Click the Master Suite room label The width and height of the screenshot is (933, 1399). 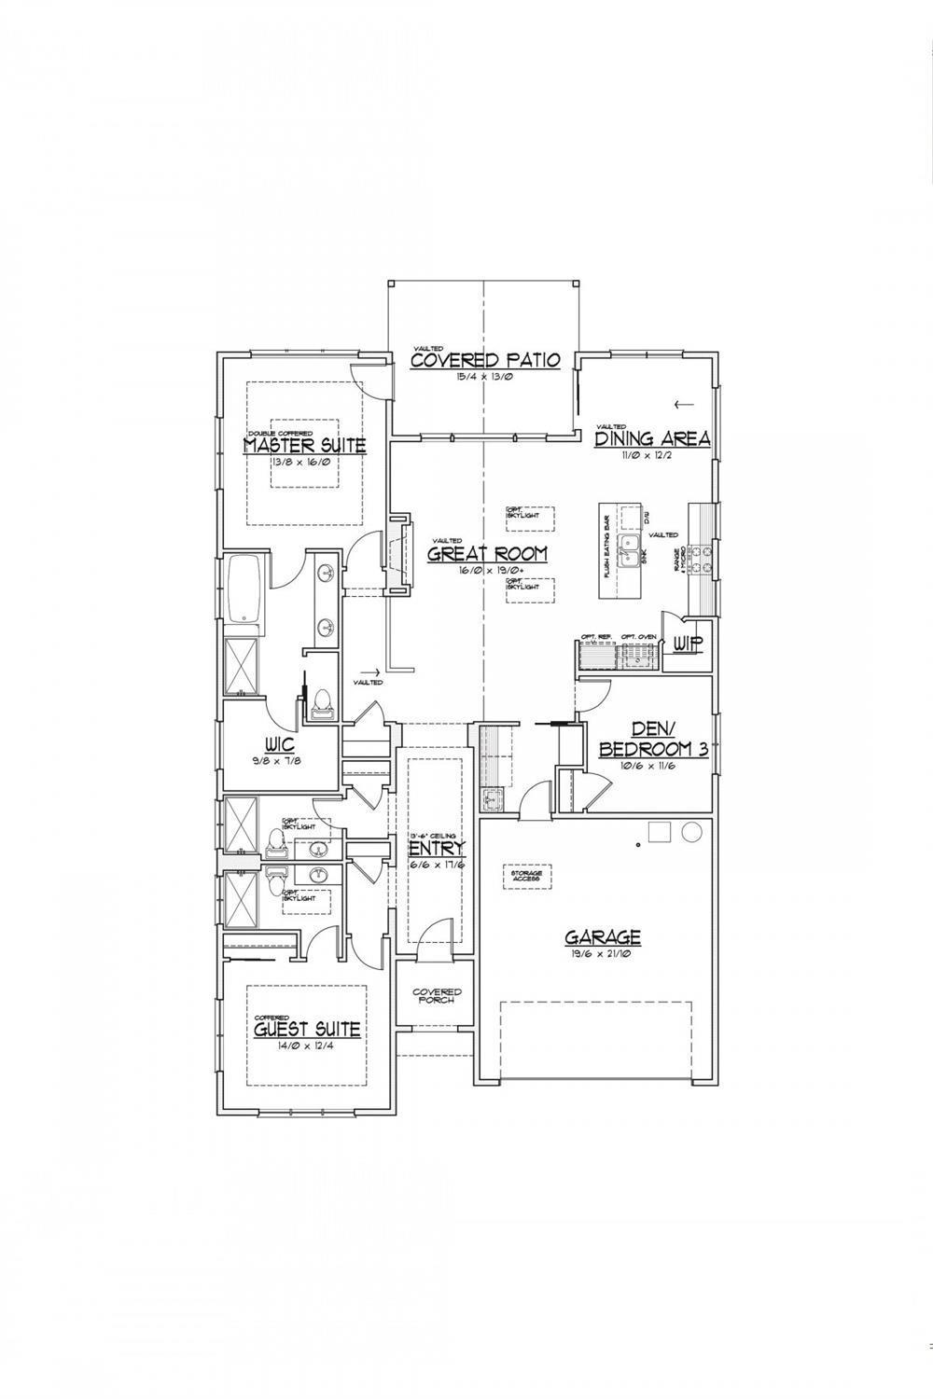click(304, 446)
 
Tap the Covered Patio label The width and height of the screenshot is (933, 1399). click(484, 360)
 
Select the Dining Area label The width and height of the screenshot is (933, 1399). click(653, 438)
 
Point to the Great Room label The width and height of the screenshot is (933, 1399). click(487, 554)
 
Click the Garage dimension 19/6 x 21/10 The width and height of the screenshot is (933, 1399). click(602, 954)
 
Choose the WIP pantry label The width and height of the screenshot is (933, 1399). click(688, 644)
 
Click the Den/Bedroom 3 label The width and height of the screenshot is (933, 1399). click(652, 740)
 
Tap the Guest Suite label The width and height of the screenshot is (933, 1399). click(307, 1030)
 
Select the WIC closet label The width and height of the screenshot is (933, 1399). click(280, 746)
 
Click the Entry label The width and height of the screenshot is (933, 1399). click(437, 849)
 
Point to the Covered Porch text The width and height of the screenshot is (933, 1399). click(437, 995)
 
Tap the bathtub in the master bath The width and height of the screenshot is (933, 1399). click(245, 589)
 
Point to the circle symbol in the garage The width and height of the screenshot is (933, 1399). click(692, 832)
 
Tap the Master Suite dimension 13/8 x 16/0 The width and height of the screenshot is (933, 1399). click(304, 462)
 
